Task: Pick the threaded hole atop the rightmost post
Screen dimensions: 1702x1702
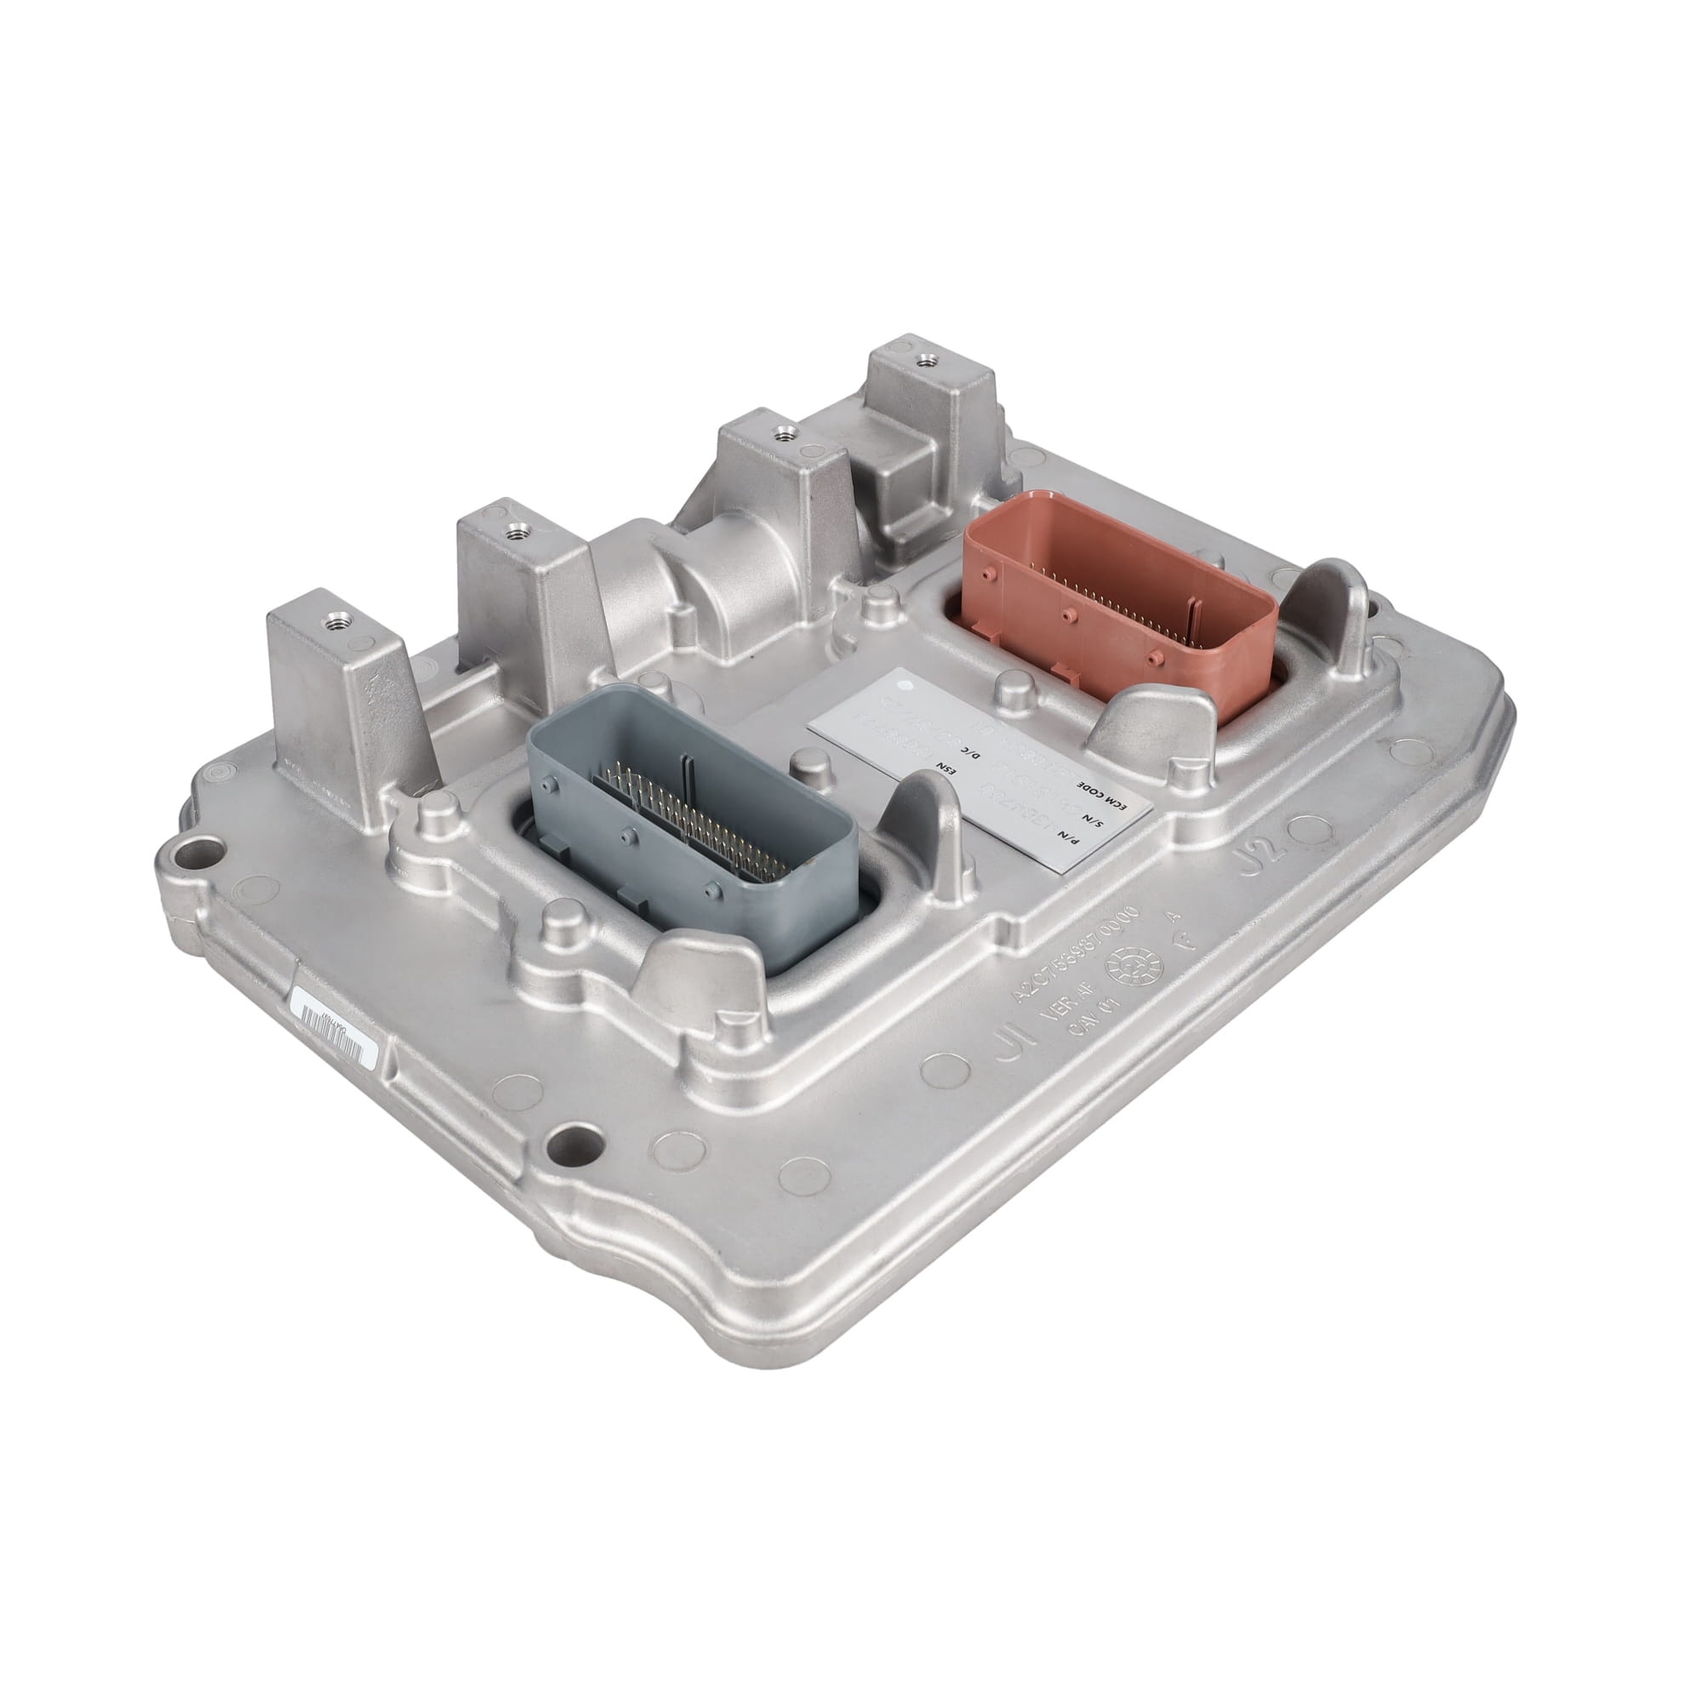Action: [x=924, y=360]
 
